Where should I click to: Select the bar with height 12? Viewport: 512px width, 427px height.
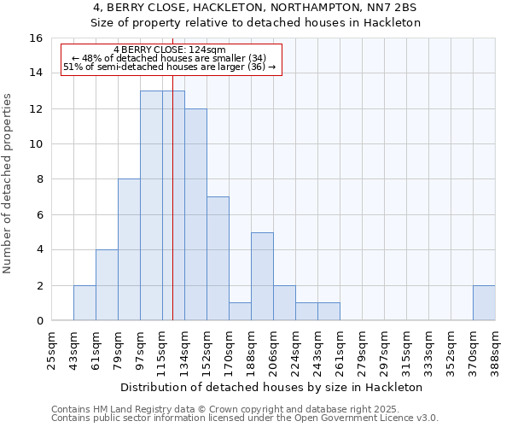pyautogui.click(x=195, y=214)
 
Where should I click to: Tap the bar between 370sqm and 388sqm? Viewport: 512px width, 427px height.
pyautogui.click(x=484, y=303)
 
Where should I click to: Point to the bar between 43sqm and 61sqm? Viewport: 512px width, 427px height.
pyautogui.click(x=84, y=303)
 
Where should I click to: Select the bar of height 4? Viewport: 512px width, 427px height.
pyautogui.click(x=107, y=285)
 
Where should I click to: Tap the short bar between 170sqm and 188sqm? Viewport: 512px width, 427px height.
pyautogui.click(x=240, y=312)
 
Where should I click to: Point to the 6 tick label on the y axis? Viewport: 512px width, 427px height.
pyautogui.click(x=38, y=214)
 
